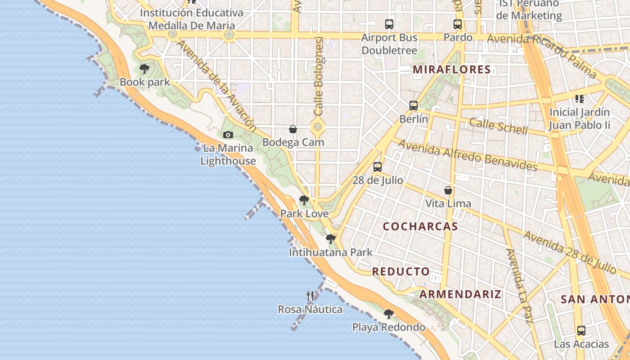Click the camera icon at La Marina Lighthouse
pos(228,135)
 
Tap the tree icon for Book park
pos(144,69)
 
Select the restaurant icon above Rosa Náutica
pos(310,296)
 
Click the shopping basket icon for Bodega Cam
pos(293,129)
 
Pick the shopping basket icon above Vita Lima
pos(448,190)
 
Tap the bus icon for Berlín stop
pos(414,106)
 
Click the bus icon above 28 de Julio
pos(378,167)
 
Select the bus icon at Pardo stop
pos(458,24)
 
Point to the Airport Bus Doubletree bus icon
pos(389,24)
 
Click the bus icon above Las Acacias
pos(581,331)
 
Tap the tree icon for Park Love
pos(304,200)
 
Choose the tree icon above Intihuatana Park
pos(331,239)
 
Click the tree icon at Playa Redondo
pos(389,314)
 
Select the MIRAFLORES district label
pos(451,69)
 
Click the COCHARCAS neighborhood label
pos(420,226)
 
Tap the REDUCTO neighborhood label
pos(401,271)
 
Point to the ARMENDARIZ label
pos(460,294)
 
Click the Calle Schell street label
pos(498,126)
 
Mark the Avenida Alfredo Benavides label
pos(468,156)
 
